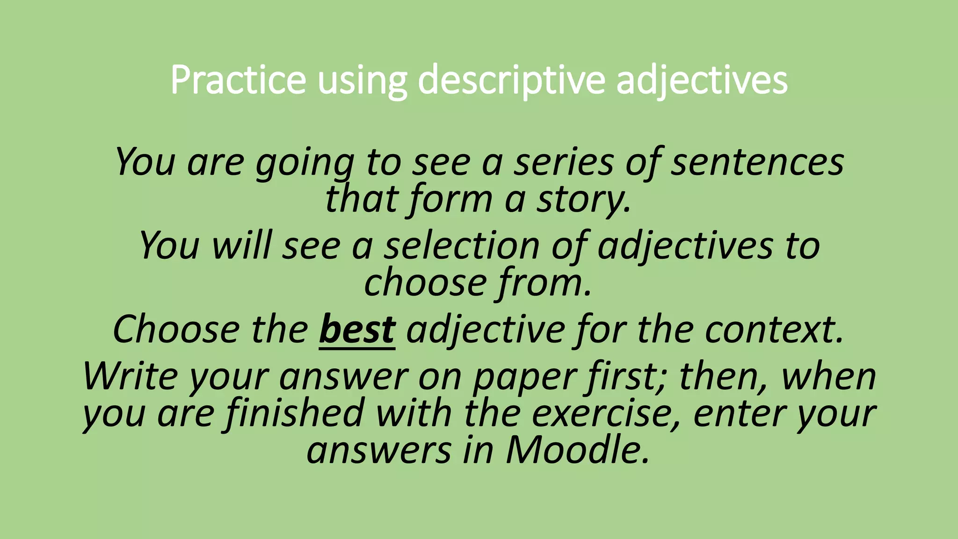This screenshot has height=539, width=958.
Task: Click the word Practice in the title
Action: (x=238, y=80)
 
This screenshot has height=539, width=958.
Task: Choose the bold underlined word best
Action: (x=357, y=330)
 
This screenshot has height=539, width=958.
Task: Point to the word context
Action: (x=774, y=330)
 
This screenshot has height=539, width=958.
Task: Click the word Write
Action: (x=131, y=377)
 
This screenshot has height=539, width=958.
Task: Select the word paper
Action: (x=523, y=377)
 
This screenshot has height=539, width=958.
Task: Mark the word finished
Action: (x=295, y=414)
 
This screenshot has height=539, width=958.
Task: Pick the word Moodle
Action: (x=577, y=450)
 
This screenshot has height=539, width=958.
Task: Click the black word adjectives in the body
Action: (x=685, y=246)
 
